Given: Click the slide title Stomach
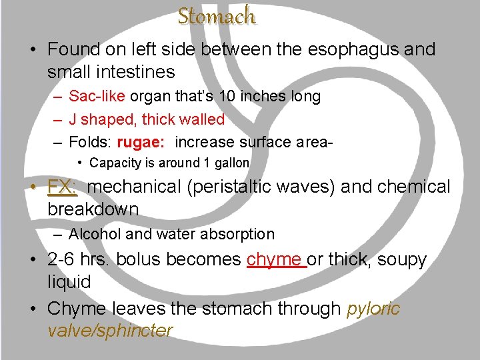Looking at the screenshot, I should click(216, 15).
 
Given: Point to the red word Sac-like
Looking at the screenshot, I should click(97, 97).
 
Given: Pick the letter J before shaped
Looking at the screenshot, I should click(73, 120).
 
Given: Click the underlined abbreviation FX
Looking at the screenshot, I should click(63, 187).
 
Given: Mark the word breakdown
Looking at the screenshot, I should click(93, 209).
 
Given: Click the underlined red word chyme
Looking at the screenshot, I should click(274, 259).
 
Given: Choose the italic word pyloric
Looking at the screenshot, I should click(373, 309).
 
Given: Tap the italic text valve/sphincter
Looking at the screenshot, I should click(110, 331).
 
